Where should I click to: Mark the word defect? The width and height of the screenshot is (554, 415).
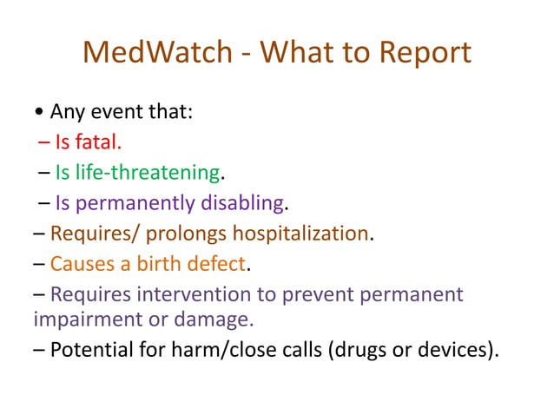pyautogui.click(x=226, y=264)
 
